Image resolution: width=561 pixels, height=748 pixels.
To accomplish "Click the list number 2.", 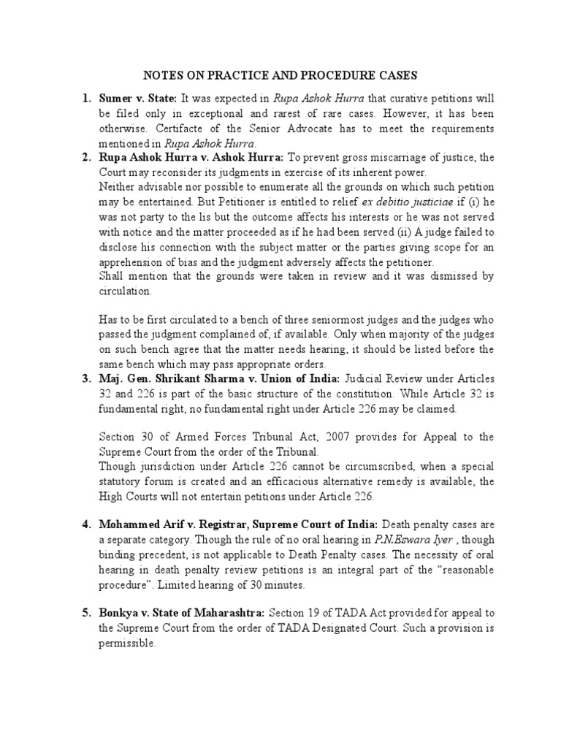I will tap(85, 158).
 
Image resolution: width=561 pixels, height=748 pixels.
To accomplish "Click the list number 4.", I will tap(85, 524).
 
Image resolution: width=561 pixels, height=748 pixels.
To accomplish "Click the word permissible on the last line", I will tap(128, 644).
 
